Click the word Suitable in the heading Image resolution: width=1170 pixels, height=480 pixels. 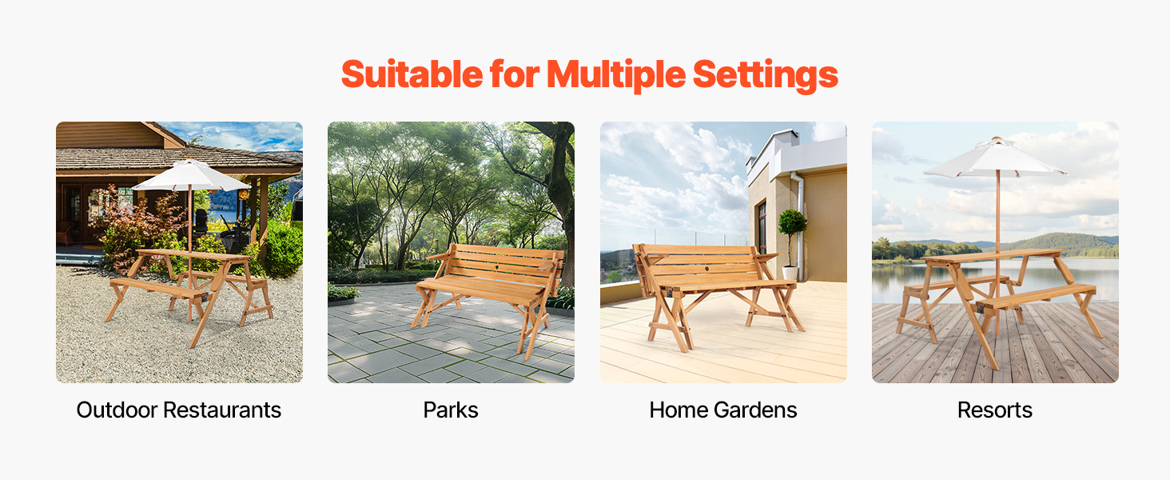[412, 74]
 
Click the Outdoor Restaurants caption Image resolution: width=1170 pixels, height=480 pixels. [179, 410]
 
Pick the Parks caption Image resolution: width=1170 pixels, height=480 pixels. [451, 410]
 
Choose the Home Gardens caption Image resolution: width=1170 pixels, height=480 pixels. [723, 410]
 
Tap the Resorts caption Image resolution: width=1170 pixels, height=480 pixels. [994, 410]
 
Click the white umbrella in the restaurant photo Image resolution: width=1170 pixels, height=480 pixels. [191, 176]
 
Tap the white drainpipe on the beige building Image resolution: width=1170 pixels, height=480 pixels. [800, 225]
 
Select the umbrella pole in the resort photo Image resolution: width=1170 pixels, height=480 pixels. [997, 251]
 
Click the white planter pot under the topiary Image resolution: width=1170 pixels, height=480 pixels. [790, 273]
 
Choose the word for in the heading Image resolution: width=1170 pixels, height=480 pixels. [515, 74]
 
